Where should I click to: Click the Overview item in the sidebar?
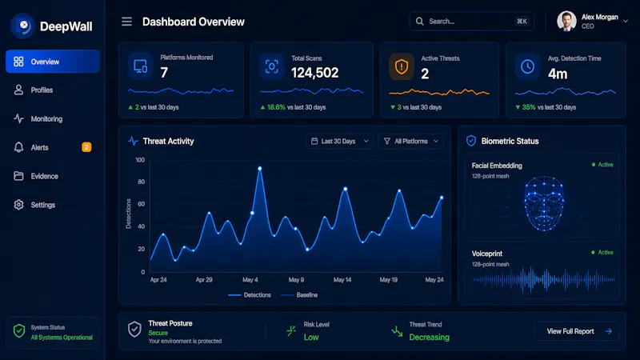pos(53,62)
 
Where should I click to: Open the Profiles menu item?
pos(42,90)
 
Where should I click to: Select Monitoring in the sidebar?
pos(46,118)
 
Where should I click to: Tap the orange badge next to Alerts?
pos(86,147)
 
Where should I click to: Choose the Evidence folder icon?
pos(18,176)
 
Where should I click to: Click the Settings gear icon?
pos(18,205)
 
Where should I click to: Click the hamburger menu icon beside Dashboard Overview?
pos(126,22)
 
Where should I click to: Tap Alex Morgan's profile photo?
pos(566,22)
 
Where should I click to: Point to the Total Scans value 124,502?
pos(314,73)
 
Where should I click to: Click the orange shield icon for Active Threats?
pos(402,66)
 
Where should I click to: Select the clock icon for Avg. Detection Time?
pos(527,66)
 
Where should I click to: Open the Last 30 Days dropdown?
pos(339,142)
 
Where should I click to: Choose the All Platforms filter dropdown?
pos(410,142)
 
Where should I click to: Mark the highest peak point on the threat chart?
pos(259,168)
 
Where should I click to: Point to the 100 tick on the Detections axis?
pos(140,160)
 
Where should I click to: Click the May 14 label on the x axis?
pos(342,280)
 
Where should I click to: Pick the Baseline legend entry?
pos(299,295)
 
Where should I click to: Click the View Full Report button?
pos(577,331)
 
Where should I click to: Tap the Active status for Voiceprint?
pos(602,253)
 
